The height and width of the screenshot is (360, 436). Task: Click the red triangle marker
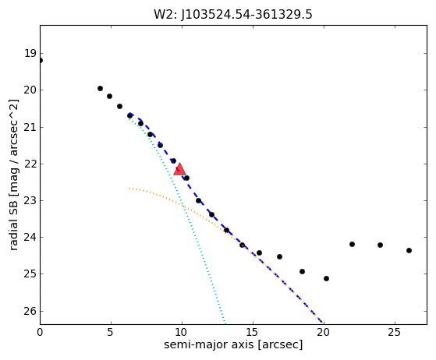click(179, 170)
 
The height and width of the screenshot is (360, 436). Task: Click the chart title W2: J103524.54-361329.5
click(233, 15)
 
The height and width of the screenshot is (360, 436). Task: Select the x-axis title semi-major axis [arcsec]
click(233, 344)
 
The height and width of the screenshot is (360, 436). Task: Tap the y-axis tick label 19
click(30, 53)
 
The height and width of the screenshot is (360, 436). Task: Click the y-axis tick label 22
click(30, 164)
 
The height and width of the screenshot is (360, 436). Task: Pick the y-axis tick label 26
click(30, 311)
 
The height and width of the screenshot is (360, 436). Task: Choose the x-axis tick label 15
click(253, 332)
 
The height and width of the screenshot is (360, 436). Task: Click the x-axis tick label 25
click(395, 332)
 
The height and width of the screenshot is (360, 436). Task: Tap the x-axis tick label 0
click(40, 332)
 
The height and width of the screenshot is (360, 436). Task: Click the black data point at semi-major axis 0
click(40, 60)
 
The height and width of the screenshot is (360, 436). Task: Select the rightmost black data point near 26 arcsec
click(409, 251)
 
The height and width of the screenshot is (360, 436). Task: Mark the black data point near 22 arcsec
click(352, 245)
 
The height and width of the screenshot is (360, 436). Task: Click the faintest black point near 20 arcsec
click(327, 279)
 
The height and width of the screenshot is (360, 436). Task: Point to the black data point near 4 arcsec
click(100, 89)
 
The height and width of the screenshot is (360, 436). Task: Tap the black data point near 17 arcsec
click(279, 257)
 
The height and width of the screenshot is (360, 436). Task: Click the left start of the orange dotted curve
click(129, 189)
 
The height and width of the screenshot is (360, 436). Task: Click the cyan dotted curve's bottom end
click(225, 323)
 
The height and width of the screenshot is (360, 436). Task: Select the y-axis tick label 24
click(30, 237)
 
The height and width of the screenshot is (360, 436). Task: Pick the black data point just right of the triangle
click(187, 178)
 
